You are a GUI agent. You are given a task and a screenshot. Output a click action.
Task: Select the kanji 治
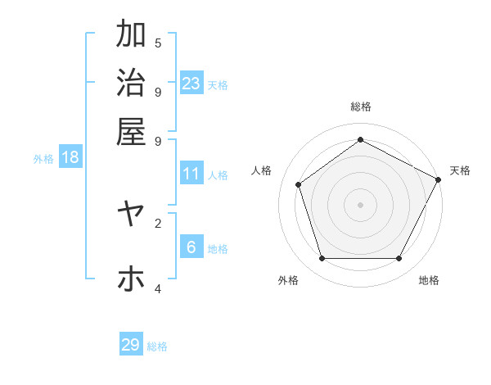coord(131,83)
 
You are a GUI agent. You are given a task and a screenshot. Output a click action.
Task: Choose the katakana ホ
coord(131,279)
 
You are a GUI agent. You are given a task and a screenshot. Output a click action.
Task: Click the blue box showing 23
coord(191,83)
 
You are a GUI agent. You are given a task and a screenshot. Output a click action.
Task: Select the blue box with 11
coord(191,174)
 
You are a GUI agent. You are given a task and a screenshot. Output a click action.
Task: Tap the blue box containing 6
coord(191,247)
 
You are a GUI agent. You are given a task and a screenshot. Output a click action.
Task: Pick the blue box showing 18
coord(70,157)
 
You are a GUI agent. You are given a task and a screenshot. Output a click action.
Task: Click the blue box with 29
coord(131,345)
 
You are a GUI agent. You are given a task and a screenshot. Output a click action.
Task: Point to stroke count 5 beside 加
coord(158,43)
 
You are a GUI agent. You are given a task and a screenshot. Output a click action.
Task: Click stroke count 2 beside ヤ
coord(158,222)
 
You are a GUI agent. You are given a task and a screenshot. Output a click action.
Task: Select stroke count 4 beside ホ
coord(158,288)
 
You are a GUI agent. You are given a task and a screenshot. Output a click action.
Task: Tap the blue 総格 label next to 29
coord(157,346)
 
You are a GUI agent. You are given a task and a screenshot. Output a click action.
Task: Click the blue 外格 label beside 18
coord(43,159)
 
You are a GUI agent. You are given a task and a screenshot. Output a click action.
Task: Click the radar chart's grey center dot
coord(360,204)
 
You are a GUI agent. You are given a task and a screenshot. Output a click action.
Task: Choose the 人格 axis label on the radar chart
coord(262,170)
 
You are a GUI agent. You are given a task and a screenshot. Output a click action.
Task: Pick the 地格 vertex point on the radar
coord(399,258)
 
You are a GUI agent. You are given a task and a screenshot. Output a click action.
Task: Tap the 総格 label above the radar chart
coord(360,106)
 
